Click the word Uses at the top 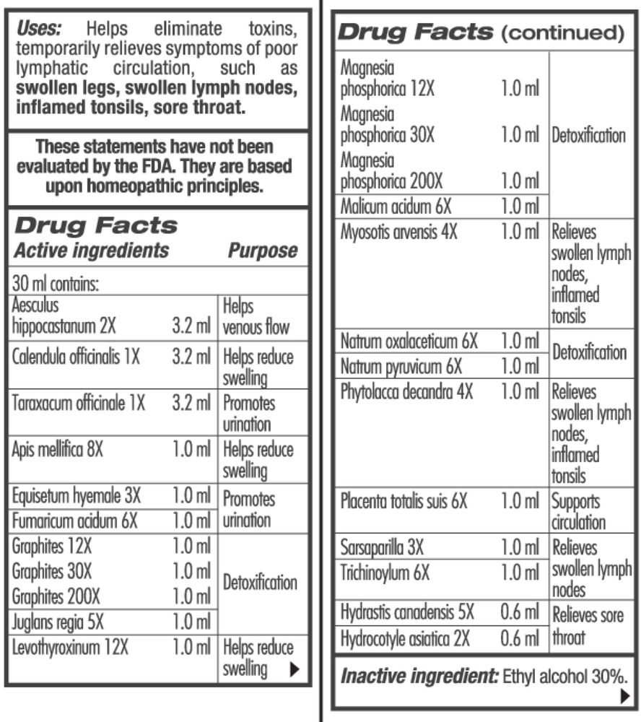[39, 30]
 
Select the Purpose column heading [263, 251]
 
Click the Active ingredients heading [92, 251]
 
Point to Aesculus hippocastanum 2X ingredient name [64, 318]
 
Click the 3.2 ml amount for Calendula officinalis [191, 357]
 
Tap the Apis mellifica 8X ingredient [58, 449]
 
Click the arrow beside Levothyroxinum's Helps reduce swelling [293, 669]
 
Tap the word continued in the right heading [561, 33]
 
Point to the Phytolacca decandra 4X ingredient [406, 391]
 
